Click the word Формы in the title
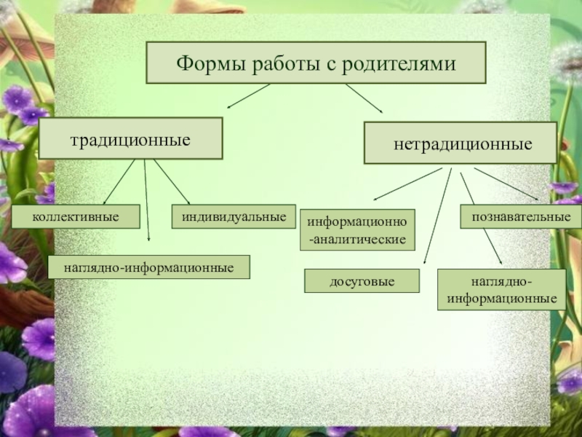tap(208, 63)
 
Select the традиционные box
tap(130, 138)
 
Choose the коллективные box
tap(75, 216)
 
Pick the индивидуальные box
tap(234, 216)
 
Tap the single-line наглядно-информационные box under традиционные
tap(148, 267)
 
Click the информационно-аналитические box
tap(357, 229)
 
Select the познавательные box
tap(521, 216)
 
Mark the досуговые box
tap(362, 280)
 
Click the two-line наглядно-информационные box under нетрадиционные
tap(502, 289)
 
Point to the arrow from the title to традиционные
tap(250, 96)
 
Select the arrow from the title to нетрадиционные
tap(364, 98)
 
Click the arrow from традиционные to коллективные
tap(119, 181)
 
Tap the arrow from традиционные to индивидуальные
tap(172, 181)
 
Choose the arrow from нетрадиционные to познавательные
tap(506, 184)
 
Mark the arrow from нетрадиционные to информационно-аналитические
tap(407, 184)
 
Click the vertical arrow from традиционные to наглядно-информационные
tap(147, 200)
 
